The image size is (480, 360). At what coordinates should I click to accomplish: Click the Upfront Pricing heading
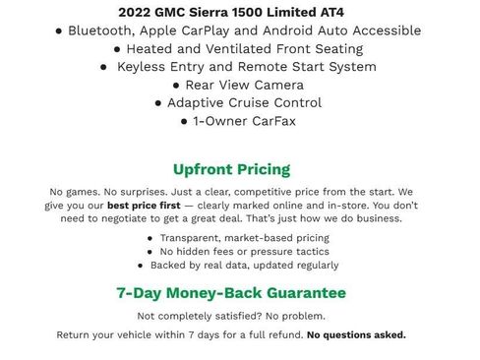click(231, 168)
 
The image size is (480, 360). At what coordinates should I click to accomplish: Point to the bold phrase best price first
click(149, 206)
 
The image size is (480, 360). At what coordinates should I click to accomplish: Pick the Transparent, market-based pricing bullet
click(244, 238)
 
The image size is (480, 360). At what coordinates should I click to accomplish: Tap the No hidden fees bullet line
click(241, 252)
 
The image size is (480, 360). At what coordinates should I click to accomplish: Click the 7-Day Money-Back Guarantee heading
click(231, 293)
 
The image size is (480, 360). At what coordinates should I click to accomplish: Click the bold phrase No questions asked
click(356, 334)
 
